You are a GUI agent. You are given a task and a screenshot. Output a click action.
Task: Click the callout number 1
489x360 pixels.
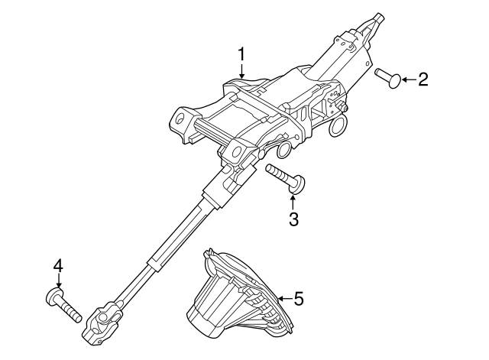[x=242, y=54]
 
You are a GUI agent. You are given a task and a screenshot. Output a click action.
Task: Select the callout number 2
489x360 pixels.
[x=423, y=79]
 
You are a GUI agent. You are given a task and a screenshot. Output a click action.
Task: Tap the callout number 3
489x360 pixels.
[x=293, y=219]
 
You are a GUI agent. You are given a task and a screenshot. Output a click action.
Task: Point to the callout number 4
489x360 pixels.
[x=58, y=267]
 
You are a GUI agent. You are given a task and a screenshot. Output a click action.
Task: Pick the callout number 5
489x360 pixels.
[x=299, y=299]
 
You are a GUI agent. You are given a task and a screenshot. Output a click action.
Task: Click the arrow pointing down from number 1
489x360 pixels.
[x=242, y=70]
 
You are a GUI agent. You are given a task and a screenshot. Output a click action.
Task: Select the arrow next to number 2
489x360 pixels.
[x=409, y=79]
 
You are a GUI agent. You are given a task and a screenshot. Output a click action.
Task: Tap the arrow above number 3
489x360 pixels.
[x=293, y=202]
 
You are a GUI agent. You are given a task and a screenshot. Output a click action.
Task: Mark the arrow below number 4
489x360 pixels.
[x=58, y=281]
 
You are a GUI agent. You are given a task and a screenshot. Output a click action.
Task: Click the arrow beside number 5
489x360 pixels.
[x=285, y=299]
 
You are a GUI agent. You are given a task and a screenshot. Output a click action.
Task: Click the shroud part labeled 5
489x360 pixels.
[x=241, y=294]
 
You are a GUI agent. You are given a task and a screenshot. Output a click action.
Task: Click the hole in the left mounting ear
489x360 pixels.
[x=180, y=119]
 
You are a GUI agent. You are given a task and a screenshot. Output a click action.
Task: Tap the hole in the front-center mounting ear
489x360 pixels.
[x=237, y=151]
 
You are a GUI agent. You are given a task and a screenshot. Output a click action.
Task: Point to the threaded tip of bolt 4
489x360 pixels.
[x=78, y=317]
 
